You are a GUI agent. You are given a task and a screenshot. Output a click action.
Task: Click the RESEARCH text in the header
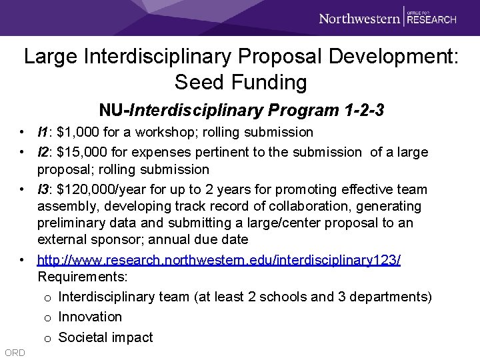pos(431,19)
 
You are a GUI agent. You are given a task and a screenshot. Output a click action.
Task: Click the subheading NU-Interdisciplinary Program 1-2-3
pos(241,109)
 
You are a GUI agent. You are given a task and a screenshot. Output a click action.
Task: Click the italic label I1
pos(43,132)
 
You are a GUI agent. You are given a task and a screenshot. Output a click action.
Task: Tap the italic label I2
pos(43,153)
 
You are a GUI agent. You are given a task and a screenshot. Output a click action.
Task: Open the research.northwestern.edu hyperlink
pos(219,259)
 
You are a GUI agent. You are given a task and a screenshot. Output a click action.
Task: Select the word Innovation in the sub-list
pos(90,317)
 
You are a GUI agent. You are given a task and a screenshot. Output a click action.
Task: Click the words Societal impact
pos(105,337)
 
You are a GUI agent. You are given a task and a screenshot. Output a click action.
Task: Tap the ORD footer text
pos(14,352)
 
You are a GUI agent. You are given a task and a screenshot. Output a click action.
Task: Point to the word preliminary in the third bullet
pos(71,223)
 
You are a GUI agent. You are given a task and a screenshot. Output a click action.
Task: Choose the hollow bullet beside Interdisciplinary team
pos(48,297)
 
